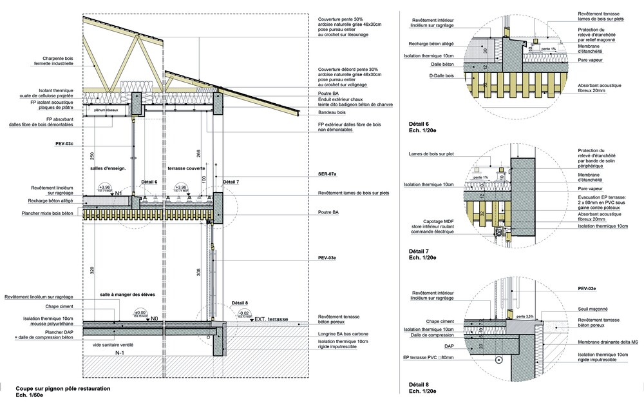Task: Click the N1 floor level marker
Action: point(136,193)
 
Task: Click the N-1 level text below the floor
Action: point(119,354)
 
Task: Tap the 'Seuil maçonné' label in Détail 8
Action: point(593,309)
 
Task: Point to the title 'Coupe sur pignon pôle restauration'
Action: point(63,389)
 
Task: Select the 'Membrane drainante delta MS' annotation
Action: point(609,342)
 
